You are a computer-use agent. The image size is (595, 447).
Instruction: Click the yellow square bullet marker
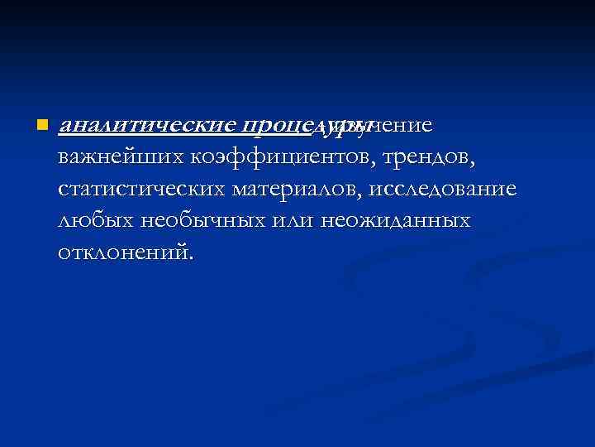pos(42,126)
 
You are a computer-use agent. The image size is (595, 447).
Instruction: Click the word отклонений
pos(124,252)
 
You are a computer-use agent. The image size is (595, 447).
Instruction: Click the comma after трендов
pos(474,163)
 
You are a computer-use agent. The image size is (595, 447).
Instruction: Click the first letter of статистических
pos(65,190)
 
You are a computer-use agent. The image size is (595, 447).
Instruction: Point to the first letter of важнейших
pos(65,158)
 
